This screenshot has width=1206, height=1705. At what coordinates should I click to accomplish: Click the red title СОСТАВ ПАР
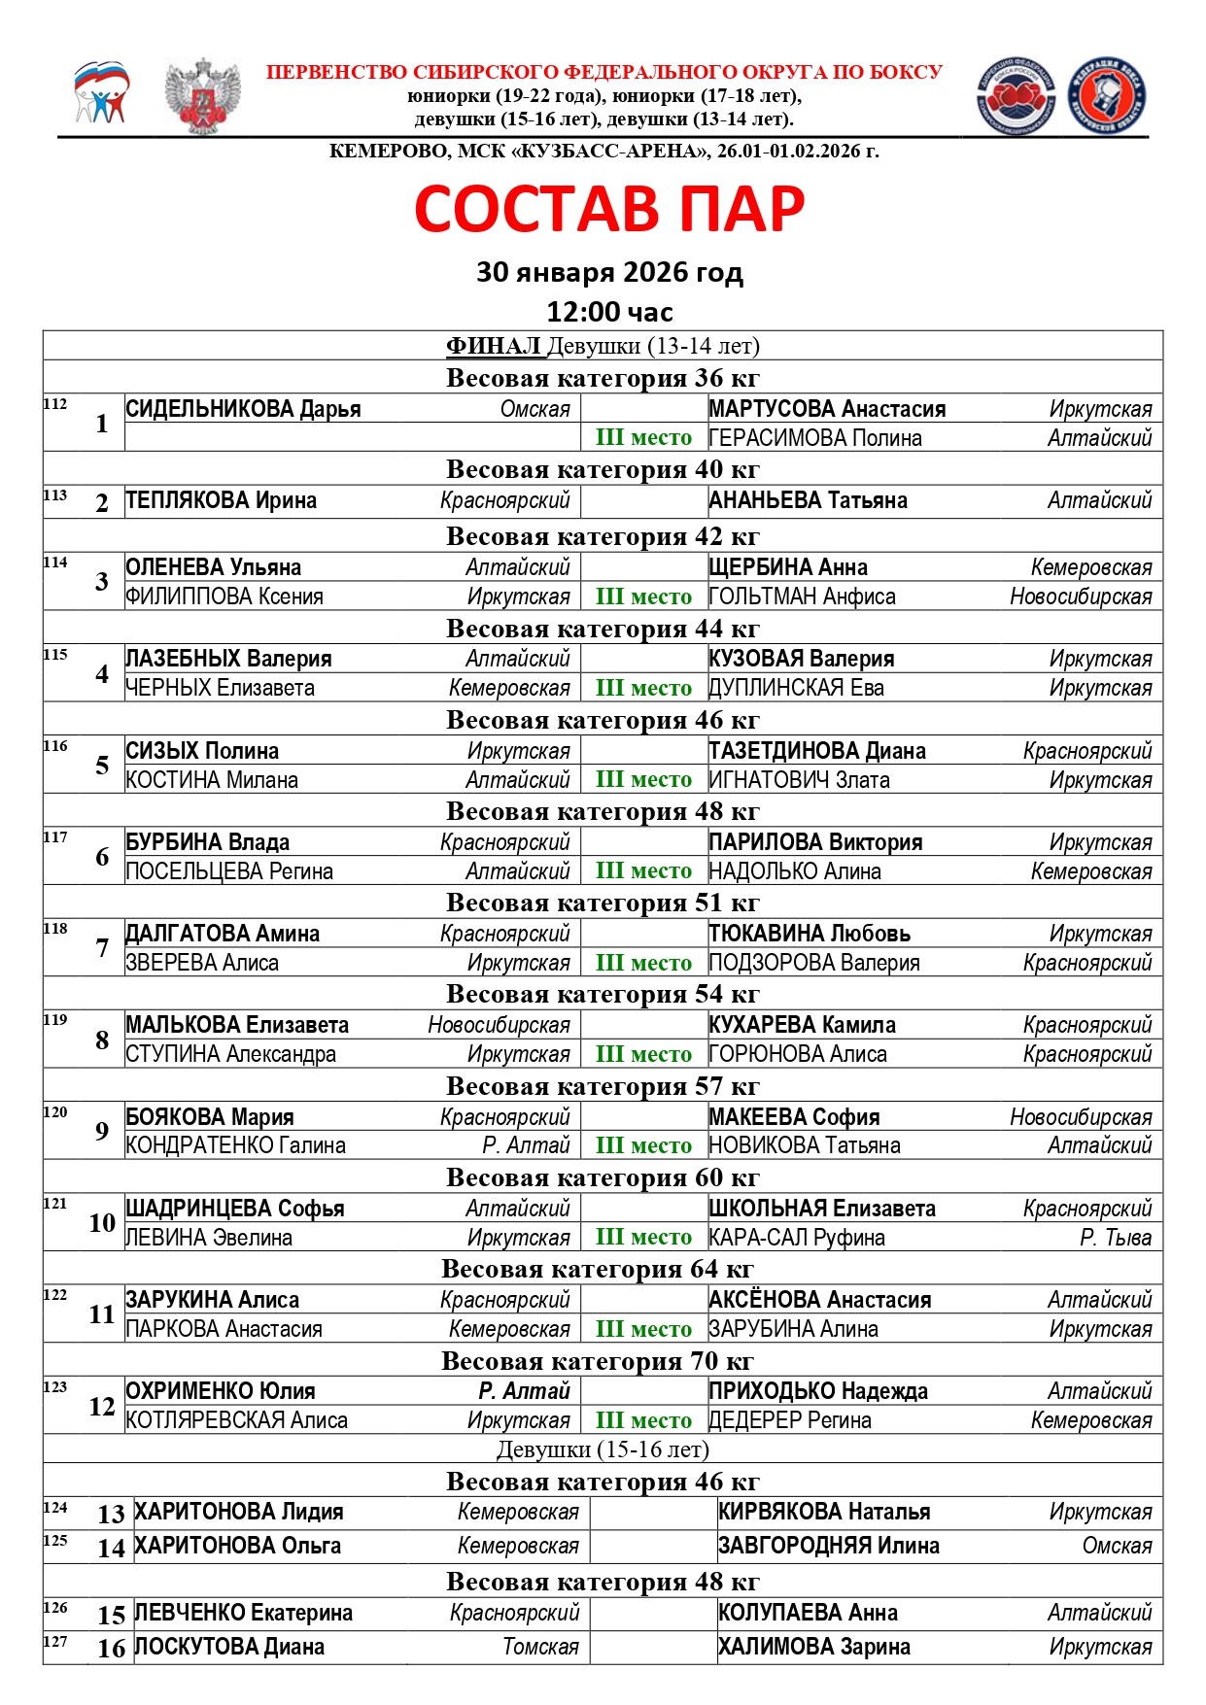click(609, 209)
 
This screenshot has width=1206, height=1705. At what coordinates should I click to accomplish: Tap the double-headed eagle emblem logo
click(203, 96)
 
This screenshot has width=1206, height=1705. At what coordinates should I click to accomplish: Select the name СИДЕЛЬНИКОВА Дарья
click(243, 409)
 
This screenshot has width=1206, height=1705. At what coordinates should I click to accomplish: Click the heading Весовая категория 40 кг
click(603, 469)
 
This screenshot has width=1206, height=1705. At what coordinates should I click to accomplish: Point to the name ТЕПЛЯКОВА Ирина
click(222, 501)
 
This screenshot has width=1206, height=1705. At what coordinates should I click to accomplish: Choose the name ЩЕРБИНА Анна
click(788, 567)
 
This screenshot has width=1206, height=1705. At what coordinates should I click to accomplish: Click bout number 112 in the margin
click(55, 404)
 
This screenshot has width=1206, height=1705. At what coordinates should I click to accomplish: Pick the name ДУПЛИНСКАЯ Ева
click(797, 688)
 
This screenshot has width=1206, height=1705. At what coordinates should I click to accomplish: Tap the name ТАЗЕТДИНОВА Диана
click(817, 751)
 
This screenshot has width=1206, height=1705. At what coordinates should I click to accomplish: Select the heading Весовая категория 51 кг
click(603, 903)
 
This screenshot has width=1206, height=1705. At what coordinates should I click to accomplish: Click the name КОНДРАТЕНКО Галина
click(236, 1145)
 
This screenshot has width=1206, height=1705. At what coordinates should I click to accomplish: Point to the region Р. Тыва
click(1116, 1238)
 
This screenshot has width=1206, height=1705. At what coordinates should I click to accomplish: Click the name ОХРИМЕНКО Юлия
click(221, 1391)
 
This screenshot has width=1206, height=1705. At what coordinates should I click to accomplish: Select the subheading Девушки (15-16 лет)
click(603, 1449)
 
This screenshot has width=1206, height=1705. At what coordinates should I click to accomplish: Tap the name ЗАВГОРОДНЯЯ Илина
click(829, 1546)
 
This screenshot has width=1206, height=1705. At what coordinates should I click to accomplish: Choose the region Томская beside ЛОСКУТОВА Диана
click(540, 1647)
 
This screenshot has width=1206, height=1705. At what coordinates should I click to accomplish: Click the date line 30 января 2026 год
click(609, 272)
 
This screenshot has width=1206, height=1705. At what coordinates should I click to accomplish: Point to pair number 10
click(102, 1223)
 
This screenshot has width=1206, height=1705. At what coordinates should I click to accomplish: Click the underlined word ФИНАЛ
click(493, 346)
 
